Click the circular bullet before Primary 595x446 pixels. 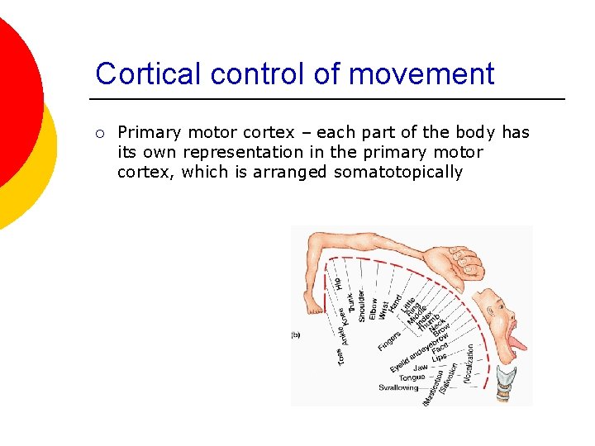[99, 133]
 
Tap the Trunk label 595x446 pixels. [350, 301]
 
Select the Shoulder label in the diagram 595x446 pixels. [361, 305]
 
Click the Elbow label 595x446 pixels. [373, 308]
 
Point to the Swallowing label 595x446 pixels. [398, 387]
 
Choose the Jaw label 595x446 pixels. [420, 368]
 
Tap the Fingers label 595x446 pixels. [389, 339]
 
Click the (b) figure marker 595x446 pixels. [295, 335]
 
